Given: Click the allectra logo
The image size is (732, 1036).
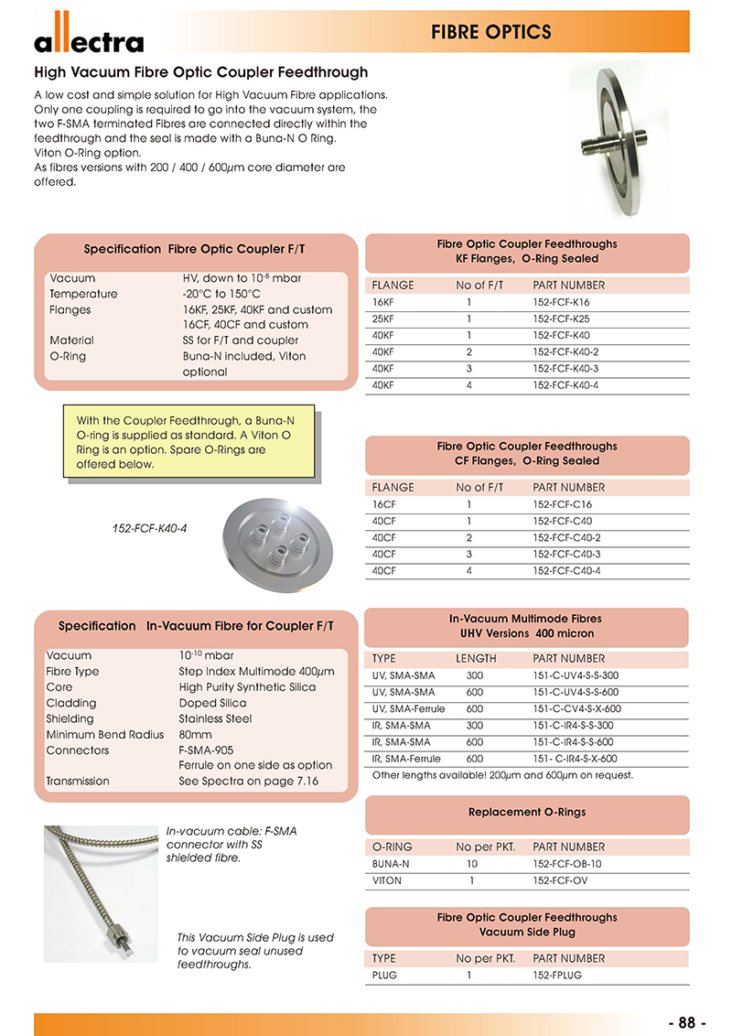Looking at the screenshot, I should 89,36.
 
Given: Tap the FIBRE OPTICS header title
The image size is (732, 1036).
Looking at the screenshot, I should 490,33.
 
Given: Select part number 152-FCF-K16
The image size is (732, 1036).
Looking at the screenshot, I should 561,301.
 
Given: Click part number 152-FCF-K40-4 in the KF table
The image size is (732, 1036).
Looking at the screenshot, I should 565,385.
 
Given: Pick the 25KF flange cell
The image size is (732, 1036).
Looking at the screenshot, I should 382,318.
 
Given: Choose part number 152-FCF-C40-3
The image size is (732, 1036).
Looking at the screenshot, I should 566,555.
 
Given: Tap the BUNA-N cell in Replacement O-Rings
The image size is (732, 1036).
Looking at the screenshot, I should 390,864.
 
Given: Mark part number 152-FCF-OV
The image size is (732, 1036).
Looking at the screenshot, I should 562,880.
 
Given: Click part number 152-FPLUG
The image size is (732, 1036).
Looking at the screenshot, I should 557,976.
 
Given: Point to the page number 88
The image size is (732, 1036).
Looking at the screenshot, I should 687,1022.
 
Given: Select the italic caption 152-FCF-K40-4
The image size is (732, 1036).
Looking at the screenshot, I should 149,529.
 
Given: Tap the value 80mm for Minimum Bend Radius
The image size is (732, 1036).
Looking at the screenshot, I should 195,734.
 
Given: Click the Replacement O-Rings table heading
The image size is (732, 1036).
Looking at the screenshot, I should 527,812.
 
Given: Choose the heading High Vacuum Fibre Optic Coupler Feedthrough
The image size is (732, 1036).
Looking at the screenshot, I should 200,72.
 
